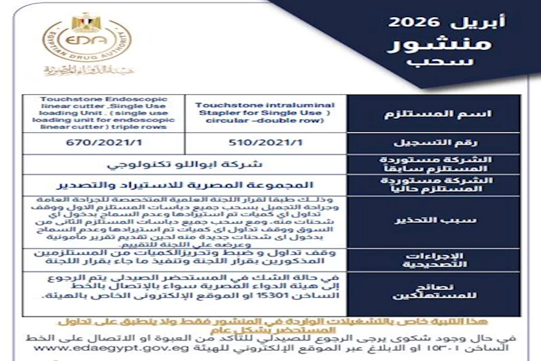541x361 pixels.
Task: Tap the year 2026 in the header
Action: (414, 22)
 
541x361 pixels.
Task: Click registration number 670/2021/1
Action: (104, 142)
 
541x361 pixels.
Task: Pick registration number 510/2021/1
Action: (265, 142)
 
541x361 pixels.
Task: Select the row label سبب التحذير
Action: (433, 220)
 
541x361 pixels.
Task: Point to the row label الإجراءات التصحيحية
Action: (434, 260)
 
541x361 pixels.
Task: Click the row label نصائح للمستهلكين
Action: (434, 290)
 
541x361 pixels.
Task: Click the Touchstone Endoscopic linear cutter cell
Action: (104, 113)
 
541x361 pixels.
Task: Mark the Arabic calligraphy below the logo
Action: (89, 70)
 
